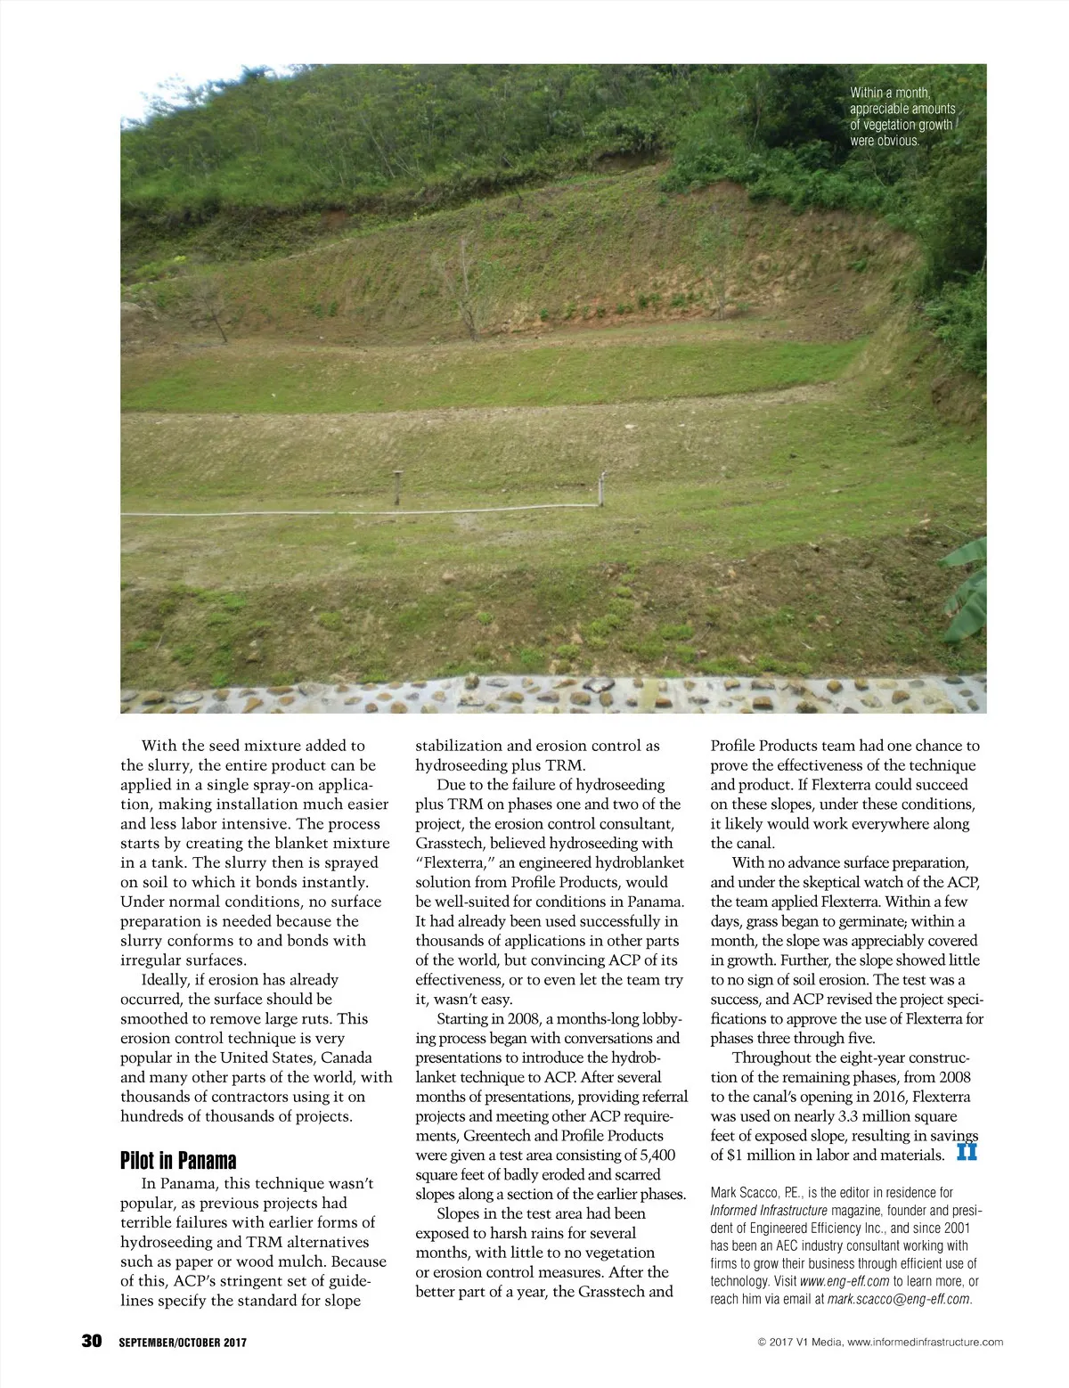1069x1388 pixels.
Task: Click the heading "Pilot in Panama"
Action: [x=178, y=1161]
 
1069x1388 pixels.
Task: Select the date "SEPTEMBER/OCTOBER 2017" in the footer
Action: [x=183, y=1343]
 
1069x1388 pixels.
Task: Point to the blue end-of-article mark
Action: [x=967, y=1152]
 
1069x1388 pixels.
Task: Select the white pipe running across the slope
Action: [x=356, y=513]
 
